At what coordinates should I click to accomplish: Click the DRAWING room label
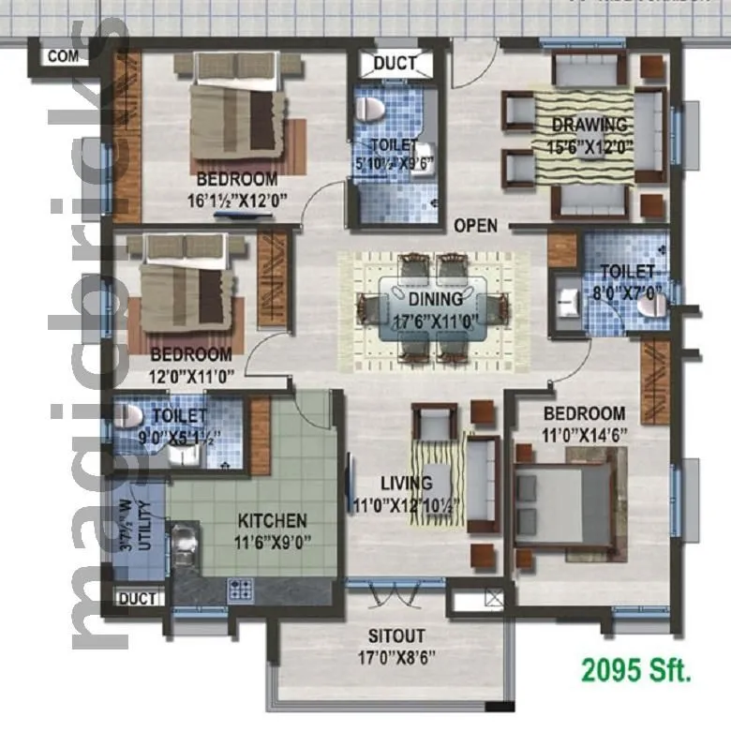pos(589,125)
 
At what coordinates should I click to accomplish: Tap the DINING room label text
pos(435,299)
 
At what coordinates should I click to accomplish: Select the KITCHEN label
pos(272,520)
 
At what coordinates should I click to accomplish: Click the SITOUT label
pos(395,635)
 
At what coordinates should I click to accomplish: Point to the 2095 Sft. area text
pos(636,671)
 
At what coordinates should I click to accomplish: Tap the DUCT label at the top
pos(395,64)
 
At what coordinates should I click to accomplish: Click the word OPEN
pos(475,226)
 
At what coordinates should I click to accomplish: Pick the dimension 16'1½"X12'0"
pos(236,199)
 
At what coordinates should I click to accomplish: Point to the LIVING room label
pos(406,484)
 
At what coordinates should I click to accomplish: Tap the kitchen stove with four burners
pos(241,589)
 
